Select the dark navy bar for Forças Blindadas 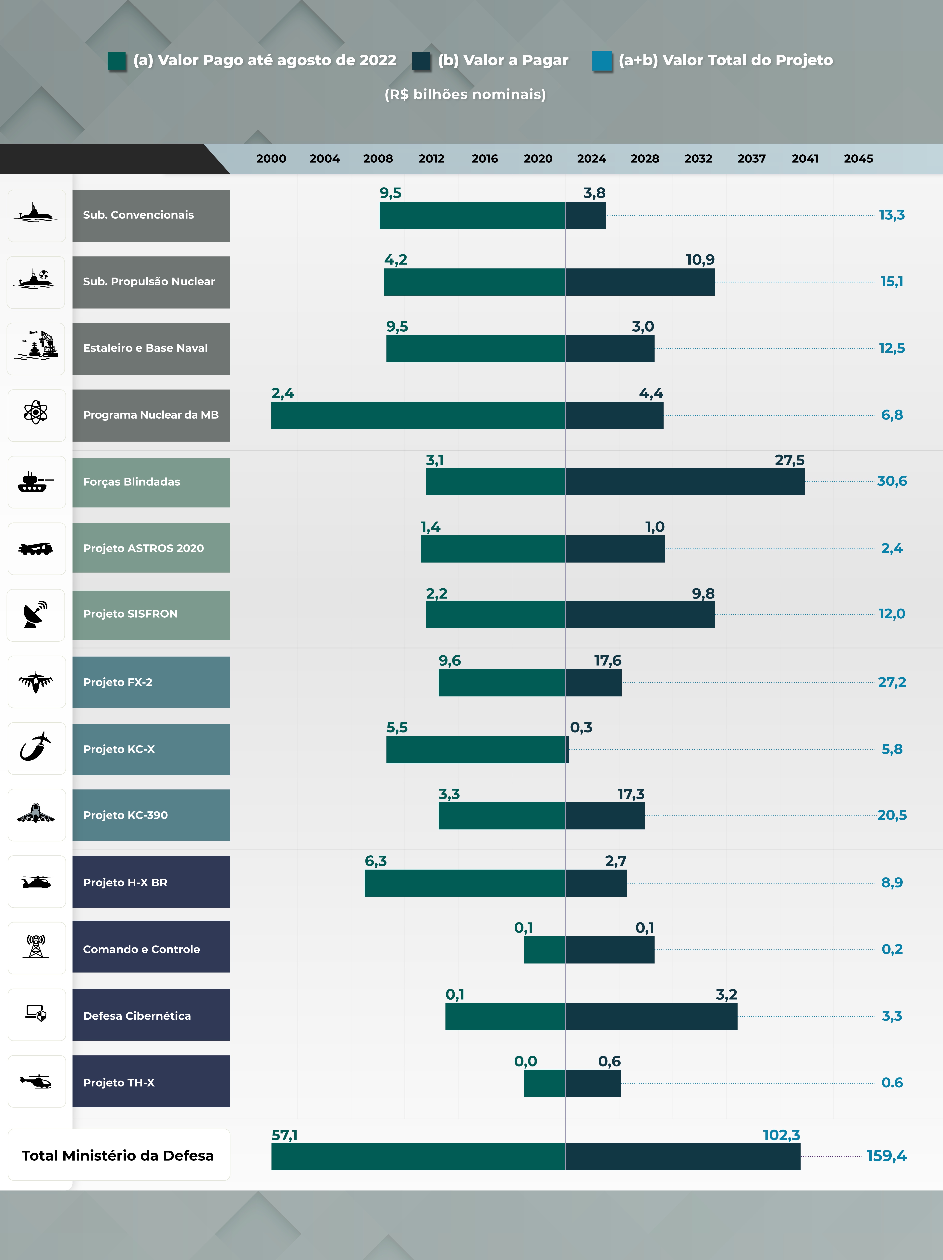[685, 481]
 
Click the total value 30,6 [892, 481]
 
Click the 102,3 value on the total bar [781, 1135]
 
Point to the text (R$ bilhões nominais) [465, 95]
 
